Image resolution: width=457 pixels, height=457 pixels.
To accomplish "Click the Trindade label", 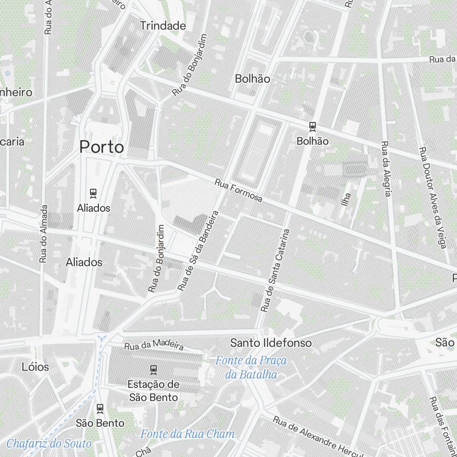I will coord(163,26).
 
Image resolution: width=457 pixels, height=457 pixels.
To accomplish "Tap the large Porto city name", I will coord(101,147).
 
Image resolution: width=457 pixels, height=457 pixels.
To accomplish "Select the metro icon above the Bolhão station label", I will coord(313,126).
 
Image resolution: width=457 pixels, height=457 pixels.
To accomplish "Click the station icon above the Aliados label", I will coord(94,193).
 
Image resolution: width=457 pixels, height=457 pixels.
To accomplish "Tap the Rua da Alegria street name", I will coord(386,169).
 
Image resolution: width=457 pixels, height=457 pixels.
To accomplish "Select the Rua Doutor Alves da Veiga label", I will coord(432,197).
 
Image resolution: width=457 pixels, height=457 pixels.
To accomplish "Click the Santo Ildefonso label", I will coord(271,343).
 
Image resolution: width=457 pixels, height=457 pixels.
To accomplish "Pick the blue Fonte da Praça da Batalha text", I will coord(251,368).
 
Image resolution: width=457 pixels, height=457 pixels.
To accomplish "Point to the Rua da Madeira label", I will coord(154,344).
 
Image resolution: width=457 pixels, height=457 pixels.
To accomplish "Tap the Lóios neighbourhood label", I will coord(35,367).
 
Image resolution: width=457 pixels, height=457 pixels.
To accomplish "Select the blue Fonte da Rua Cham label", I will coord(187,434).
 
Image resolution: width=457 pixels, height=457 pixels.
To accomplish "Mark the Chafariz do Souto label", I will coord(49,443).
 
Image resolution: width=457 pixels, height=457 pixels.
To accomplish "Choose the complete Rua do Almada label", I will coord(43,233).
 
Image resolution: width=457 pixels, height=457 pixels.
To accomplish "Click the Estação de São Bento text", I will coord(154,391).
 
